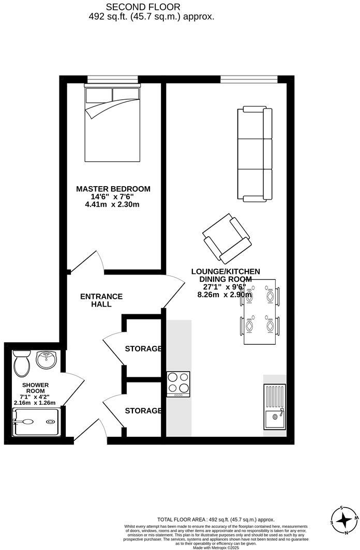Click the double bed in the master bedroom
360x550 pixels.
click(x=112, y=124)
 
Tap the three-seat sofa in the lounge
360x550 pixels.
click(x=254, y=154)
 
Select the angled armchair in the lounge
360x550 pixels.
click(x=227, y=239)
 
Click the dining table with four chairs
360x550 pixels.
click(x=259, y=311)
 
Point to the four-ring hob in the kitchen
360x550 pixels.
click(x=178, y=384)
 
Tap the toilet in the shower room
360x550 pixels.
click(x=21, y=362)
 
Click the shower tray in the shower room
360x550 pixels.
click(x=36, y=422)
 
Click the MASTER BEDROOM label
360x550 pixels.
click(x=113, y=189)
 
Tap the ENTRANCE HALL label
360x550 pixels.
click(x=101, y=300)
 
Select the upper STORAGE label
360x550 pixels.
click(x=143, y=349)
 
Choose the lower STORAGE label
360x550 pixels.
click(x=143, y=411)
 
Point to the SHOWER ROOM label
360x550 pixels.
click(x=35, y=388)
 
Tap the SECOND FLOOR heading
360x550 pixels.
click(x=143, y=7)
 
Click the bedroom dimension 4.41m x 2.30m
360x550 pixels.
click(x=113, y=205)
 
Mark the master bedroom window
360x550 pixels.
click(x=113, y=79)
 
